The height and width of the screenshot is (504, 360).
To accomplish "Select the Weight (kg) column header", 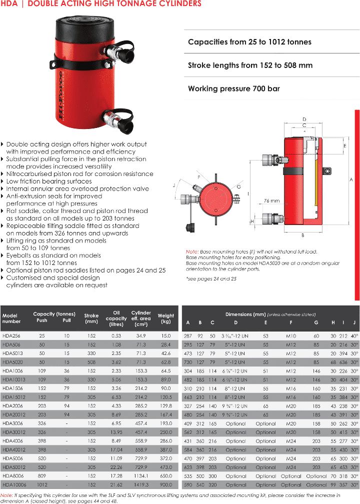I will point(166,318).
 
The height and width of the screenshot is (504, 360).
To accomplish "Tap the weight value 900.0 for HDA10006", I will point(165,484).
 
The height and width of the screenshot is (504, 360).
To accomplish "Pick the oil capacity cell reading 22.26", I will point(116,467).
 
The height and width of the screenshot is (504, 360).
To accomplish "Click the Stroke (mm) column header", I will point(91,318).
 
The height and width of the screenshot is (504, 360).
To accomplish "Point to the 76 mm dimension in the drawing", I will point(272,200).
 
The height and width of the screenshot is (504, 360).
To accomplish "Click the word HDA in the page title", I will point(9,4).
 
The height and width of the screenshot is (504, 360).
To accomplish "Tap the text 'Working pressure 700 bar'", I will point(233,89).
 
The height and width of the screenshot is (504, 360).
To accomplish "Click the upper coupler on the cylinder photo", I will point(122,50).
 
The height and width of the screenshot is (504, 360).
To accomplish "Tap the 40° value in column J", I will point(354,335).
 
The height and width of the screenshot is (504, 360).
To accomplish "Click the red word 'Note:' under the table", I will point(6,494).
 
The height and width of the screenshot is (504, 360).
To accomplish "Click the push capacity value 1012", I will point(42,484).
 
